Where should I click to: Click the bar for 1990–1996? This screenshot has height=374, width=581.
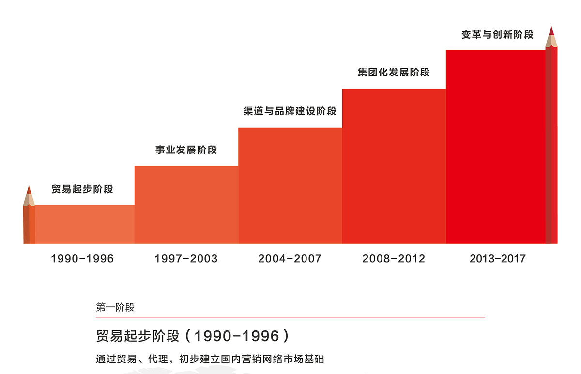(85, 224)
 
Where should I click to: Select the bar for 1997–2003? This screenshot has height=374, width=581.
(186, 205)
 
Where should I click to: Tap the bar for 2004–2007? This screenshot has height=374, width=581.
(290, 185)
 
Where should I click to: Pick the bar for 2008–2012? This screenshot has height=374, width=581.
(394, 166)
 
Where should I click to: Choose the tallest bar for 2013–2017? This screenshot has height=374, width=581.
(496, 147)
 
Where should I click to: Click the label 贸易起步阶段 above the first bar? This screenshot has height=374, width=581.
(82, 189)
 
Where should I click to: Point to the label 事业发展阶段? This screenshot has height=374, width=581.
(186, 150)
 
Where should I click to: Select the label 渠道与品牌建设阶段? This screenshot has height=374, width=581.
(290, 111)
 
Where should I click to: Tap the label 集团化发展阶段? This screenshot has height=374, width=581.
(394, 73)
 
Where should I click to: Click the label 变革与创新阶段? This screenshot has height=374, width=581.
(497, 35)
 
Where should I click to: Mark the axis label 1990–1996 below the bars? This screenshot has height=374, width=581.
(82, 259)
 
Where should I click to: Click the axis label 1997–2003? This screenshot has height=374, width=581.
(186, 259)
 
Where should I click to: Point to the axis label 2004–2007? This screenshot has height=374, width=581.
(290, 259)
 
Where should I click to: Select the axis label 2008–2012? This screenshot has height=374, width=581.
(394, 259)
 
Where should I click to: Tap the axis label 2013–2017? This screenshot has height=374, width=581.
(497, 259)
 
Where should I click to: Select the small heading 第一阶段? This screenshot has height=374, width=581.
(115, 307)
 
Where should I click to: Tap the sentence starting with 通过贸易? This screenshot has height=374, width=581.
(210, 359)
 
